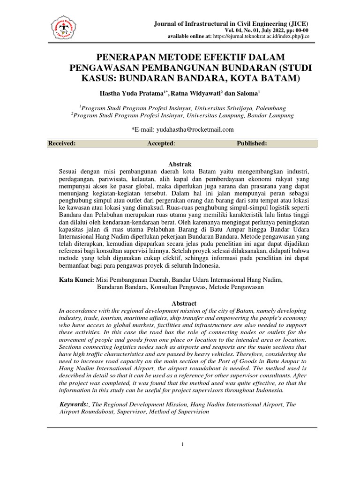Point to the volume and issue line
tap(262, 30)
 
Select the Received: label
tap(62, 143)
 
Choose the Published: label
tap(252, 143)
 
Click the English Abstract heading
tap(183, 303)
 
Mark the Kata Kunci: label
tap(76, 280)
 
